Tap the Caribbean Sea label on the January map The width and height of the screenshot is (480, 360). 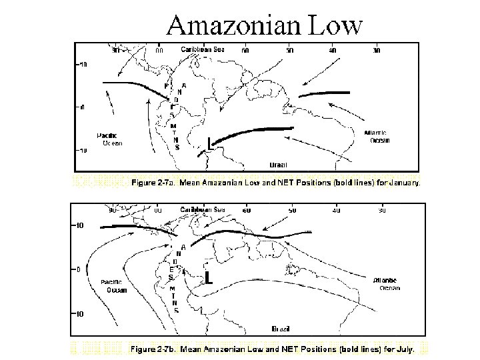coord(204,49)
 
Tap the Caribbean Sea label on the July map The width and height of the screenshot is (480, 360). coord(203,209)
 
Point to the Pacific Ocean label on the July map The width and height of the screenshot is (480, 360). coord(115,286)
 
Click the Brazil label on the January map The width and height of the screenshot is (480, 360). coord(278,163)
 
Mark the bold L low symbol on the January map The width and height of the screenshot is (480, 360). coord(210,141)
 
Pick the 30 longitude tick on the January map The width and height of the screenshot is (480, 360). coord(377,49)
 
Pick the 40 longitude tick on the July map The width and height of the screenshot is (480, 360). coord(336,210)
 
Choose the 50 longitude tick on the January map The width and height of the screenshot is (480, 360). coord(289,49)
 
